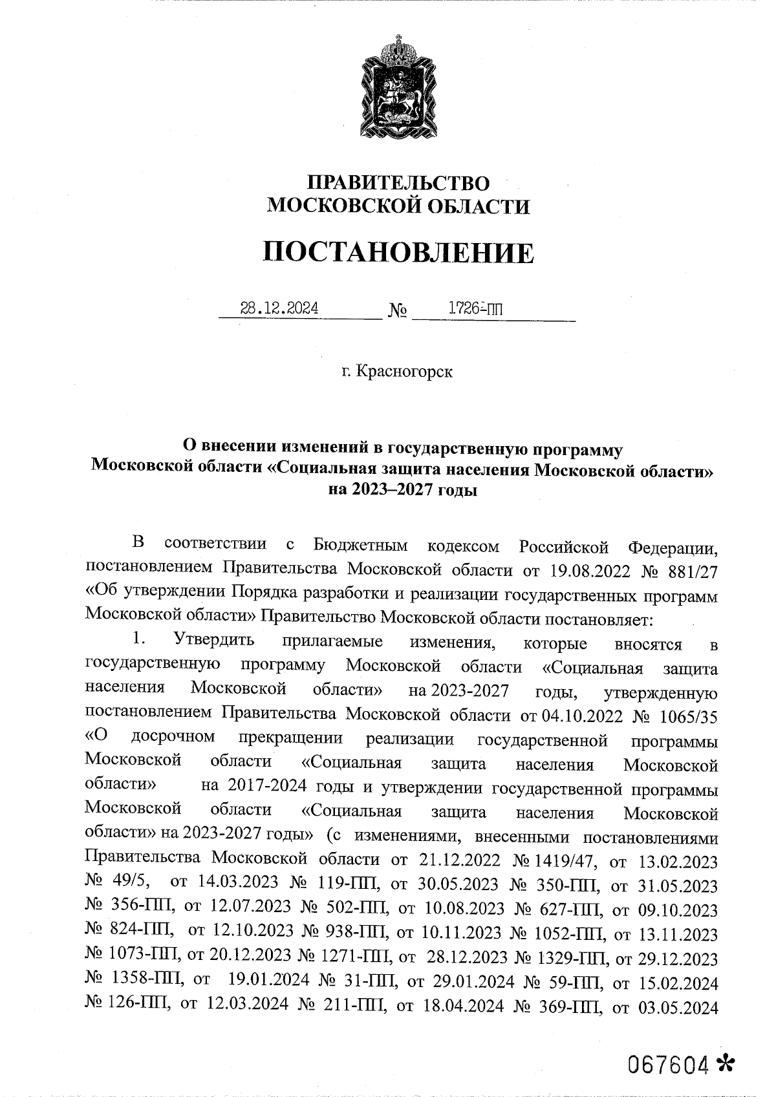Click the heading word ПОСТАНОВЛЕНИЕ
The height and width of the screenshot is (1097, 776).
tap(398, 253)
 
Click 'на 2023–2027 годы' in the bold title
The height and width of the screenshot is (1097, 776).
tap(403, 490)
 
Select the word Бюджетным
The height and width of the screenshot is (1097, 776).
tap(361, 546)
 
